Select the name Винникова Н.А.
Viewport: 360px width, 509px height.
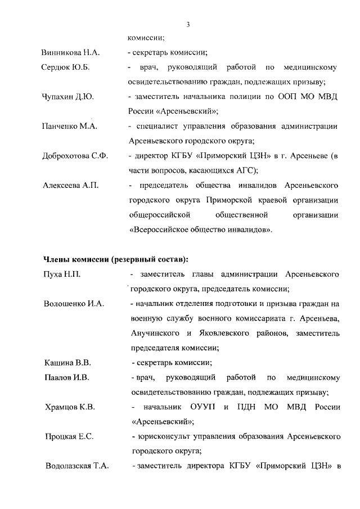71,53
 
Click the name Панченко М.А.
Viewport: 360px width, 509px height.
70,127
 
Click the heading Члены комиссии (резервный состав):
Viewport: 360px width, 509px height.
116,259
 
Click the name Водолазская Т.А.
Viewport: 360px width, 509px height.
76,466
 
